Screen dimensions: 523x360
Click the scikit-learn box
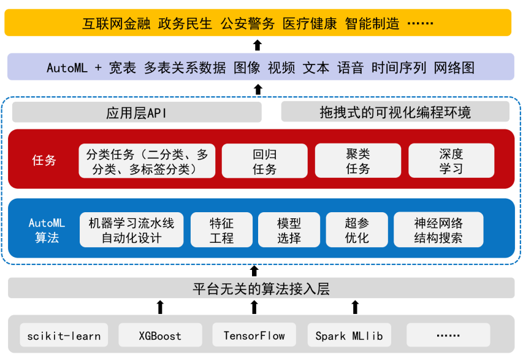click(64, 335)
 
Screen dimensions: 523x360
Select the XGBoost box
click(160, 335)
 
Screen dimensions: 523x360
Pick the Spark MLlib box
click(349, 335)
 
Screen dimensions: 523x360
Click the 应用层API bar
click(137, 112)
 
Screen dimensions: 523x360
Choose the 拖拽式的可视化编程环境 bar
click(395, 112)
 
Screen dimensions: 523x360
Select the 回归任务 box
click(264, 161)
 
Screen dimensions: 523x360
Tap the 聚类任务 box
click(358, 161)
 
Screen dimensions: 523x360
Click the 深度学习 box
click(451, 161)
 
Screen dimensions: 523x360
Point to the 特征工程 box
click(221, 230)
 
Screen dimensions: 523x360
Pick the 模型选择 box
click(289, 230)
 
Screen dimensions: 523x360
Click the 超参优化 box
click(357, 230)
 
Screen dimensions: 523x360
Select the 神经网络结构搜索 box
click(438, 230)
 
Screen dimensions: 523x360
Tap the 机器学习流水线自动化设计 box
click(131, 230)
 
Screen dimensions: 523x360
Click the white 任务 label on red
click(44, 160)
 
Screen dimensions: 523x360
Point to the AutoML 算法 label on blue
click(47, 230)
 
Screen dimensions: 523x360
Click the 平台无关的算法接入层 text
click(261, 289)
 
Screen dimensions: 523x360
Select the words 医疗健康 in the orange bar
click(310, 24)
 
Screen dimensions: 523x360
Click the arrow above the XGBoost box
click(160, 307)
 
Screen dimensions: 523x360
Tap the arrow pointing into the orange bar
click(257, 45)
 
